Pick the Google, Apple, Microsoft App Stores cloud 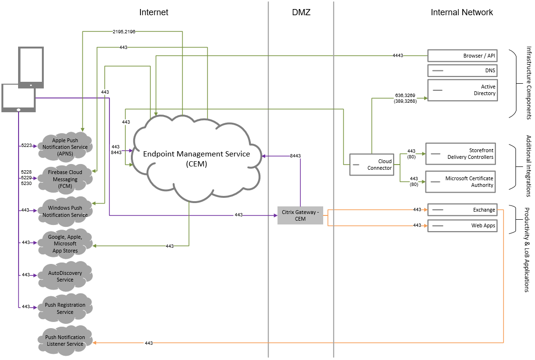(x=65, y=243)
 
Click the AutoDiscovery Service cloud (x=65, y=276)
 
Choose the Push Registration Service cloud (x=65, y=308)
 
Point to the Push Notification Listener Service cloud (x=65, y=341)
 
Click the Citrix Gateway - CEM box (x=300, y=215)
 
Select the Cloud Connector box (x=372, y=165)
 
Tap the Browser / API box (x=462, y=56)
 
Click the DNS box (x=462, y=71)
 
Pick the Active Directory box (x=462, y=90)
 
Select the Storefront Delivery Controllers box (x=460, y=154)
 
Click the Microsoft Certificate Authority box (x=460, y=182)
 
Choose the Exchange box (x=462, y=210)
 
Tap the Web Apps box (x=462, y=225)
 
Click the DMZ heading (x=301, y=12)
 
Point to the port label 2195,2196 (x=124, y=31)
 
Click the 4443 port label (x=398, y=56)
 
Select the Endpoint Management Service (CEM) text (x=197, y=158)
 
